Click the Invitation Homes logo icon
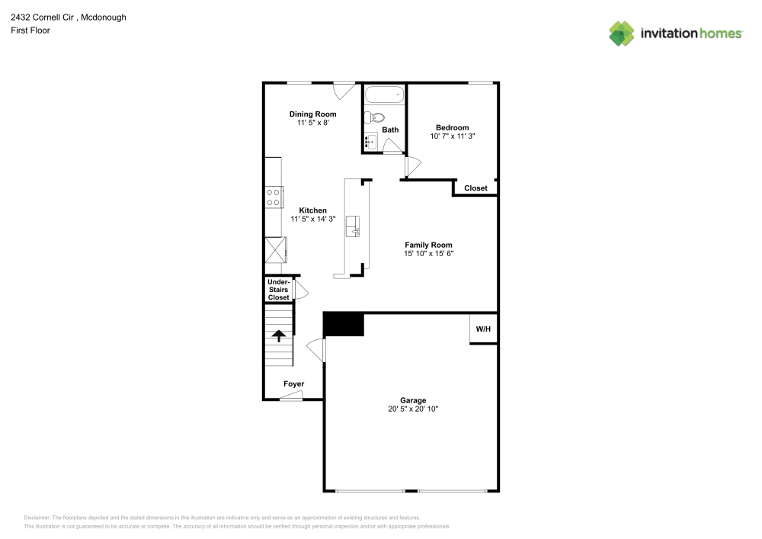click(x=622, y=33)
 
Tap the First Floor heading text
click(x=30, y=30)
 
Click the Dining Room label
click(x=312, y=114)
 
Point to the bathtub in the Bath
click(x=384, y=95)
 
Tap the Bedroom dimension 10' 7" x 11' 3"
click(x=452, y=136)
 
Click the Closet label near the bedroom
click(x=475, y=188)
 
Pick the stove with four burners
click(x=274, y=197)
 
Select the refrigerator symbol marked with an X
click(x=274, y=250)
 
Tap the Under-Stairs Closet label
click(x=278, y=290)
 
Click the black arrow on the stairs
click(x=279, y=335)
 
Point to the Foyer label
click(x=293, y=383)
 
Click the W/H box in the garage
click(x=483, y=329)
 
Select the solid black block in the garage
click(x=344, y=324)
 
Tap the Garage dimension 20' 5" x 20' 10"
click(x=413, y=409)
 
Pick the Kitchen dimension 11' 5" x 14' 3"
click(x=312, y=219)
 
